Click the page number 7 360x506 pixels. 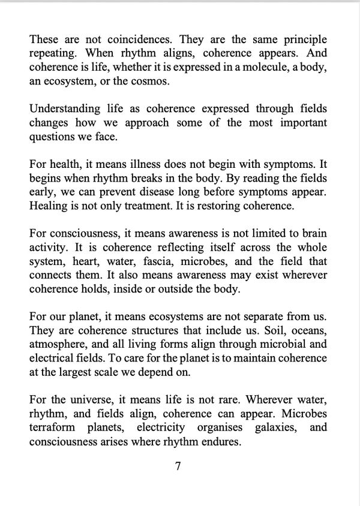pos(178,466)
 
